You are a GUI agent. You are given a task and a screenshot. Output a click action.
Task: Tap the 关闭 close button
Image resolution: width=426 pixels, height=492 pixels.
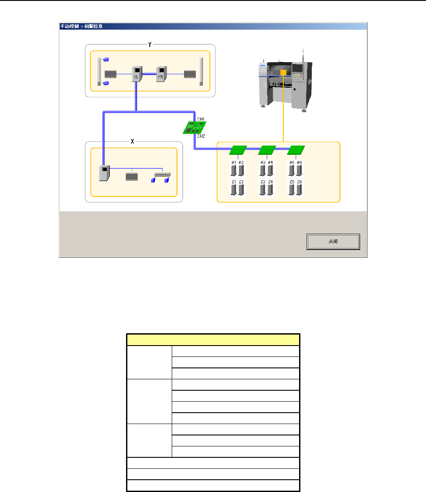333,241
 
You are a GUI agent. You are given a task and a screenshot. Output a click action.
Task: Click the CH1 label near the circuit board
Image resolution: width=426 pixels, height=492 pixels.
200,119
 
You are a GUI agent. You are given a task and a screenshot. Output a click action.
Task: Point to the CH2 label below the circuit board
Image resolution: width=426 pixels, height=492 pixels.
200,136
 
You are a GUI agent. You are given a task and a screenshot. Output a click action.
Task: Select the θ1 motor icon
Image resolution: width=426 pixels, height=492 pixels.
234,171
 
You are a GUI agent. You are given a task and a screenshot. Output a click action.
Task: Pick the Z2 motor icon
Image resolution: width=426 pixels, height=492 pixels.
241,189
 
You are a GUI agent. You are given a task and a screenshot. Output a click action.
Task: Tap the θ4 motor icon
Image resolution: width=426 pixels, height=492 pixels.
270,171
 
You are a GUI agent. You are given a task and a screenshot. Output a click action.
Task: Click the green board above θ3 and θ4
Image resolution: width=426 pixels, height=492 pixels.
267,150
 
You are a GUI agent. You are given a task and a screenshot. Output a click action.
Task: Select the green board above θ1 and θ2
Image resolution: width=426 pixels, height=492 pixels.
238,150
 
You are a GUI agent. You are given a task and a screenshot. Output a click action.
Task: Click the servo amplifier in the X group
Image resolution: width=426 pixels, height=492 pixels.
105,173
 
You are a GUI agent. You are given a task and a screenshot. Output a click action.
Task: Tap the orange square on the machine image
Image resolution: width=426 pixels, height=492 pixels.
283,73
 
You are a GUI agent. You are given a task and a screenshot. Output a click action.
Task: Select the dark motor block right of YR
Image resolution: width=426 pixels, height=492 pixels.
190,74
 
